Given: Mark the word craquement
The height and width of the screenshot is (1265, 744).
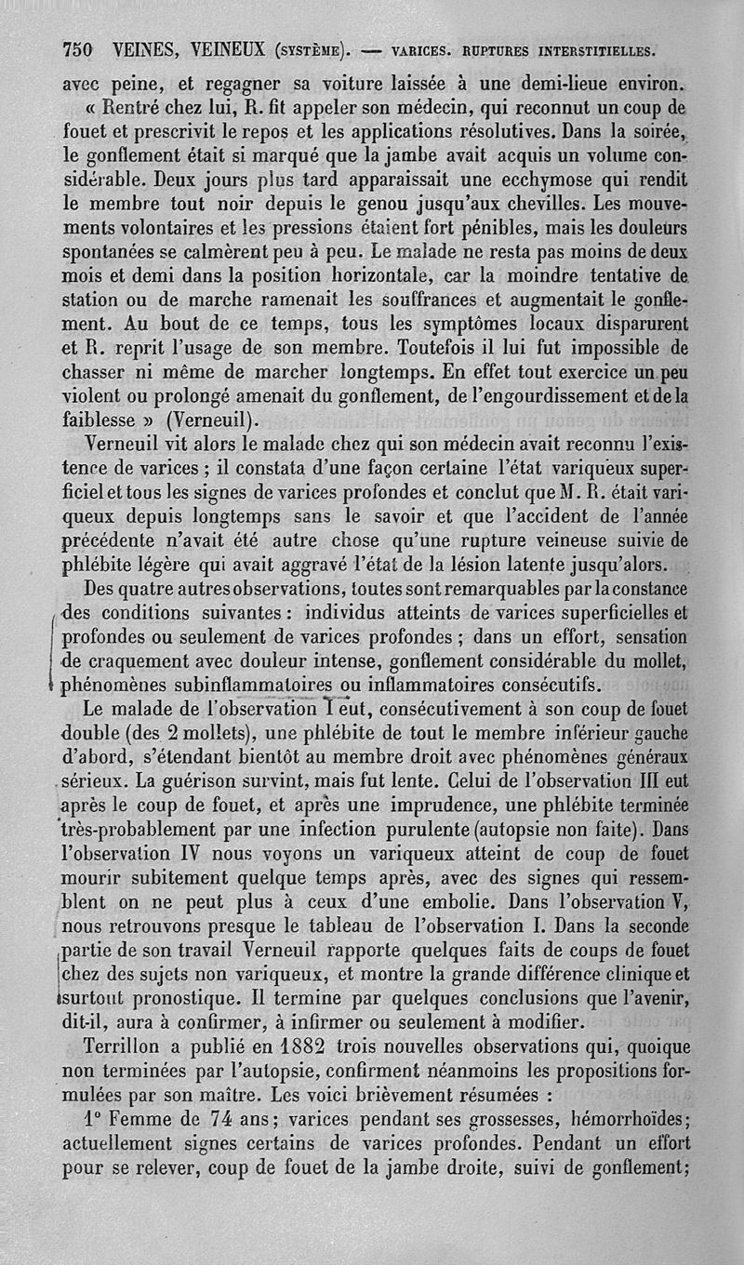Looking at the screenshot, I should (134, 662).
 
